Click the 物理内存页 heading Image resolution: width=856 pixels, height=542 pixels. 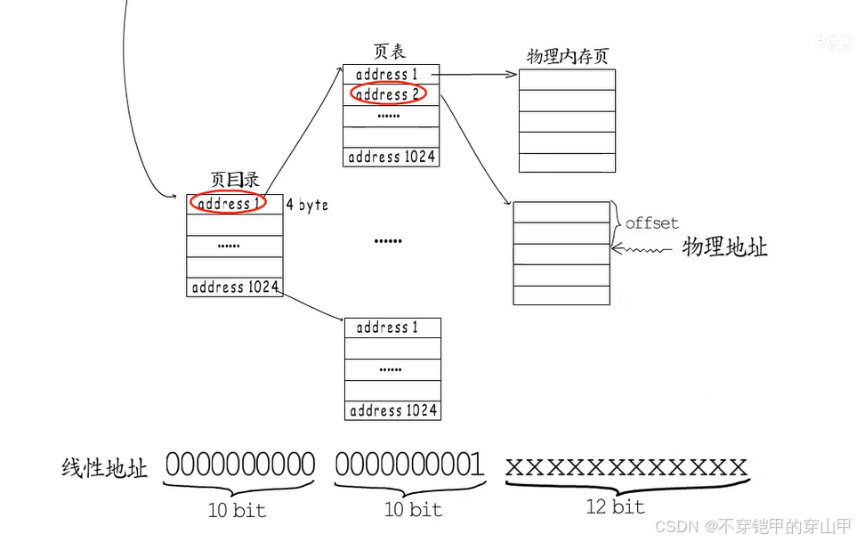coord(568,57)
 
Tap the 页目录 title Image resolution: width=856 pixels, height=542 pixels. coord(235,180)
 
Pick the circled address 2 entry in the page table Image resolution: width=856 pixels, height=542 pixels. coord(388,93)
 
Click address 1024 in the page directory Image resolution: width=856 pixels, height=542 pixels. coord(235,287)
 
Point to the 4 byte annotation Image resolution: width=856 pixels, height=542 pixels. coord(307,205)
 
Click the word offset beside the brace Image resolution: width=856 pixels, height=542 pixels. coord(651,222)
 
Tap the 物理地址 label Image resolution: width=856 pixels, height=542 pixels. coord(724,247)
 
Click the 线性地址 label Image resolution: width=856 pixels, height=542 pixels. coord(105,468)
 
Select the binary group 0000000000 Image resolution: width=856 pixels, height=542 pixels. coord(240,465)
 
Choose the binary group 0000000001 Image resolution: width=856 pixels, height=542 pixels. coord(409,465)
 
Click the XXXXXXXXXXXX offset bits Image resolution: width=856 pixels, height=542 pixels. coord(626,466)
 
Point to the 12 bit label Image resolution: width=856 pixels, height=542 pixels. coord(616,506)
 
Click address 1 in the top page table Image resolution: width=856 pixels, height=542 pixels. coord(387,74)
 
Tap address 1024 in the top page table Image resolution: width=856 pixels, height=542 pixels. coord(392,157)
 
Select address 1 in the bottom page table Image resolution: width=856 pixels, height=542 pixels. coord(387,328)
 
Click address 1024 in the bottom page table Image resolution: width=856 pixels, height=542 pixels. coord(393,410)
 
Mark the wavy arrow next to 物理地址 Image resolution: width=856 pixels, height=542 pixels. coord(642,250)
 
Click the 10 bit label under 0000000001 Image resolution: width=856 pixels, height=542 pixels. coord(413,509)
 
